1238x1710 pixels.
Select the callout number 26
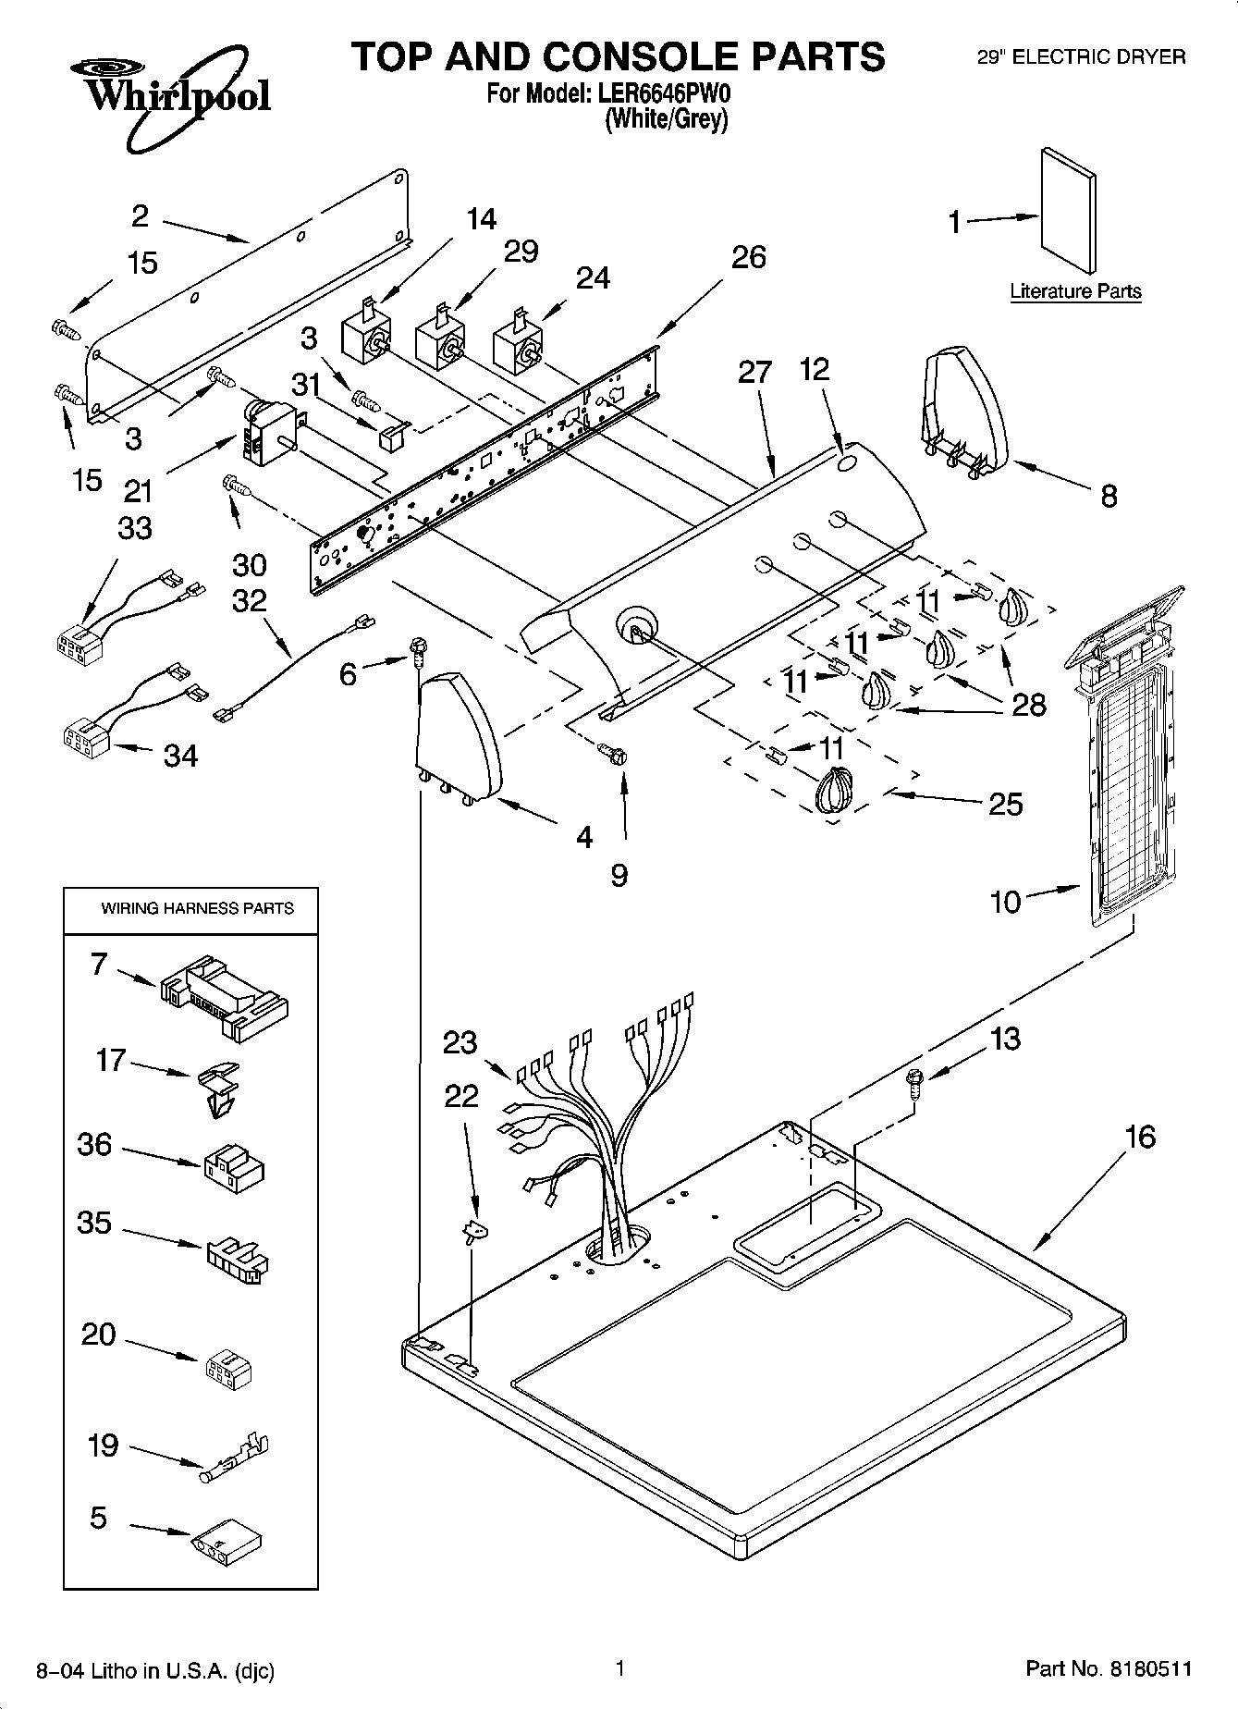click(748, 256)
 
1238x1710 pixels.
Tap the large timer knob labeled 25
click(834, 792)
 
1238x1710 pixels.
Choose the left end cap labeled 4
click(460, 737)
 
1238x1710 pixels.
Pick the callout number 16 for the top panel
click(1140, 1136)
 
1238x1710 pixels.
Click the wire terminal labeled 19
click(237, 1462)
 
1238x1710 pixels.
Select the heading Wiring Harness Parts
click(197, 908)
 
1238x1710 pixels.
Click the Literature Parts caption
click(1075, 291)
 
